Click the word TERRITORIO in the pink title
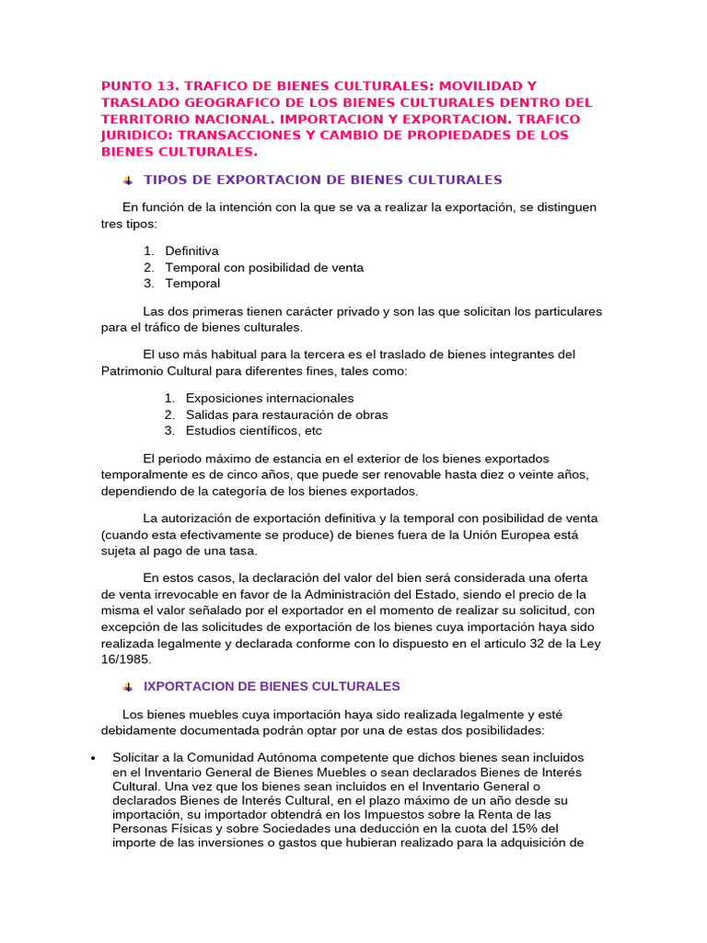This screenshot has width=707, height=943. click(143, 119)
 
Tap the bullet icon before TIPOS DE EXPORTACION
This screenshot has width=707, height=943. click(127, 180)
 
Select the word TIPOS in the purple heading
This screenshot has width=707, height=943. click(166, 179)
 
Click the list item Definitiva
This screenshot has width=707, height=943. click(191, 250)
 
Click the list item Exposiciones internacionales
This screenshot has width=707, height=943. click(269, 398)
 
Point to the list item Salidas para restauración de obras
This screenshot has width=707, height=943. click(286, 414)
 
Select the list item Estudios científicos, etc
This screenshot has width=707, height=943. click(253, 431)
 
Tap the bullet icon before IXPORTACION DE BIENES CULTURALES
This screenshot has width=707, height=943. click(127, 687)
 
